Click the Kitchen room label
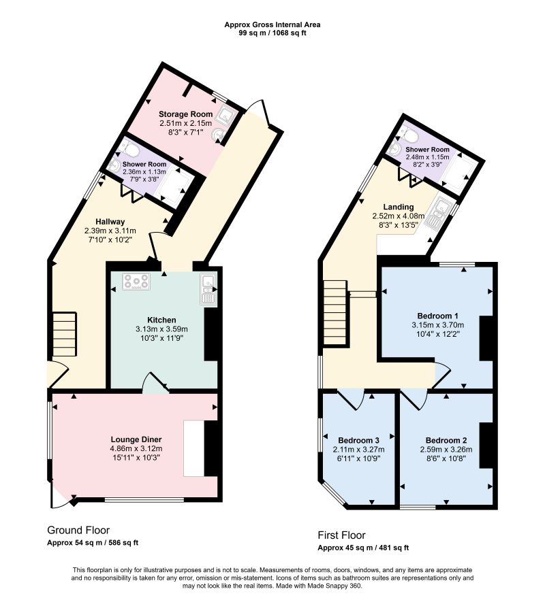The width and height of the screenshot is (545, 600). click(161, 320)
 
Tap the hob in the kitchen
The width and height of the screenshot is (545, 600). click(136, 282)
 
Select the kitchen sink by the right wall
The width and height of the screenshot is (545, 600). click(208, 289)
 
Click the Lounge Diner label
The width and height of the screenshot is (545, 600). click(136, 439)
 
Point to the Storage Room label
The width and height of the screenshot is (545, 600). click(185, 114)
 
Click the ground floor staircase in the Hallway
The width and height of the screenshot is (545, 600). click(65, 334)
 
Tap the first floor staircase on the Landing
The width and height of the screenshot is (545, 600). click(336, 313)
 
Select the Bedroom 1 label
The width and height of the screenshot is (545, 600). click(437, 316)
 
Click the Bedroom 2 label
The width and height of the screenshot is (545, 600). click(446, 440)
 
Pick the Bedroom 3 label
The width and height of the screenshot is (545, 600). click(359, 440)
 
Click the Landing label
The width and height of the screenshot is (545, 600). click(399, 207)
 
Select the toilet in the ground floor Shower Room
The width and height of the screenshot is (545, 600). click(130, 149)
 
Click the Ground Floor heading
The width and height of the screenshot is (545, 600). click(78, 530)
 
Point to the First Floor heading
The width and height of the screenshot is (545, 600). click(341, 535)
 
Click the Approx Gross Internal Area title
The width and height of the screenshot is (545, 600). click(272, 24)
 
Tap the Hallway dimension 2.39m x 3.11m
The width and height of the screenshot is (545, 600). click(110, 231)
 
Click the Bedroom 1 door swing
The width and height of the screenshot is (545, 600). click(441, 375)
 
